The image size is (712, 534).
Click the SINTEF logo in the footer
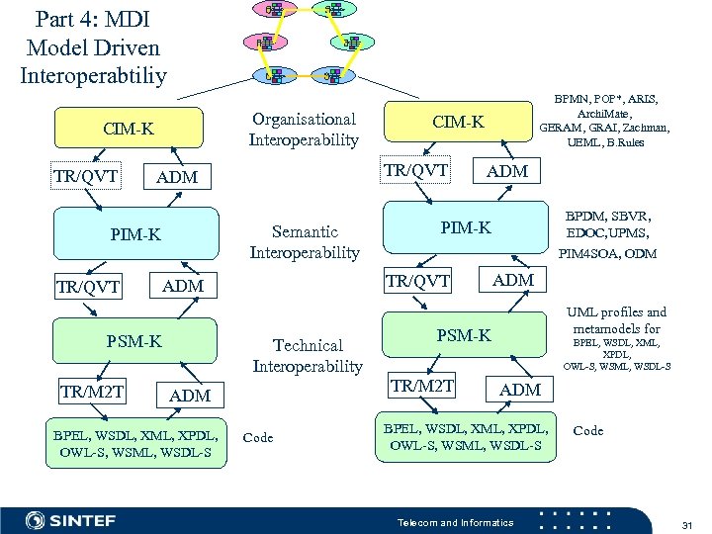(71, 520)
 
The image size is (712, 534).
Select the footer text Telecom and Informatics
(455, 522)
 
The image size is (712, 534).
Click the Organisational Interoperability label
(305, 130)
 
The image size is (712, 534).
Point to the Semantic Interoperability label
(305, 242)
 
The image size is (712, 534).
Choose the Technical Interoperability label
(308, 356)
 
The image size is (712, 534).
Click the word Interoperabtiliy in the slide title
(93, 75)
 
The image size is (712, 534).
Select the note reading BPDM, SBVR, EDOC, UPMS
(607, 223)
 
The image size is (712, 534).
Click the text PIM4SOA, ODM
(607, 254)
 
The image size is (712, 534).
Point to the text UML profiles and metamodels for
(615, 319)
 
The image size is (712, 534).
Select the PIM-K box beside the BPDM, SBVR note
(465, 229)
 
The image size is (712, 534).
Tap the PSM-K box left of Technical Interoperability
(133, 342)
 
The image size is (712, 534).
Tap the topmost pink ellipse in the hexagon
(270, 10)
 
